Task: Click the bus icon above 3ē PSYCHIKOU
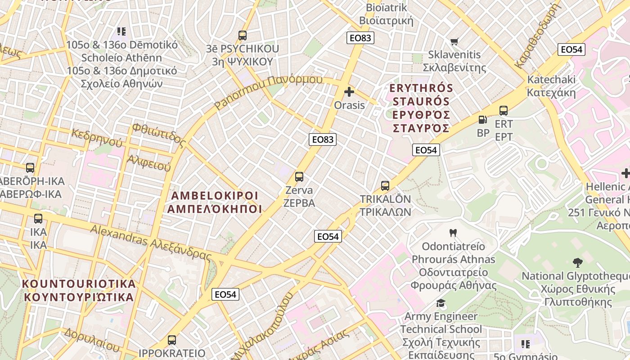coord(243,35)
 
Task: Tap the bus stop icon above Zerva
coord(299,177)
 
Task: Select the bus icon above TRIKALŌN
coord(385,185)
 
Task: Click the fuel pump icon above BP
coord(482,120)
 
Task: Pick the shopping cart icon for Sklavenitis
coord(454,41)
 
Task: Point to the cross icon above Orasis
coord(349,92)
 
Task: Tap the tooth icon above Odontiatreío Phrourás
coord(453,233)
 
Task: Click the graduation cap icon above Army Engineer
coord(441,303)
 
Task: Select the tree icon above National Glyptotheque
coord(578,262)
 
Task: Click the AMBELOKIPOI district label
coord(215,202)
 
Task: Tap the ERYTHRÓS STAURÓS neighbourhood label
coord(421,108)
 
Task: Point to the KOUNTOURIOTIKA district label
coord(79,290)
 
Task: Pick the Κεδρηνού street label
coord(97,138)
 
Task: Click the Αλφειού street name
coord(149,163)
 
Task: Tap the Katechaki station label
coord(551,86)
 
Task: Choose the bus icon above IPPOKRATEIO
coord(172,340)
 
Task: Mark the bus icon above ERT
coord(504,110)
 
